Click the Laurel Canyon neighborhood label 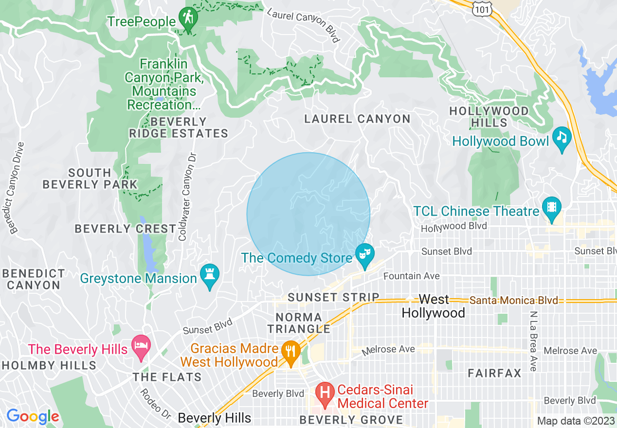[357, 119]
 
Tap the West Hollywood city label [433, 306]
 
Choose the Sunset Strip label [333, 297]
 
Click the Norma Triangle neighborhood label [299, 323]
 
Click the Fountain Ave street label [412, 276]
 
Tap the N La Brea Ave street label [533, 341]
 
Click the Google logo [32, 416]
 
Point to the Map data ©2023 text [575, 420]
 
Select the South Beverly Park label [90, 178]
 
